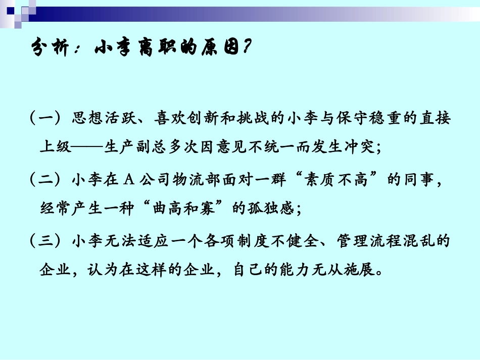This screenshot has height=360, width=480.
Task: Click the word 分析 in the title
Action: [x=54, y=49]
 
